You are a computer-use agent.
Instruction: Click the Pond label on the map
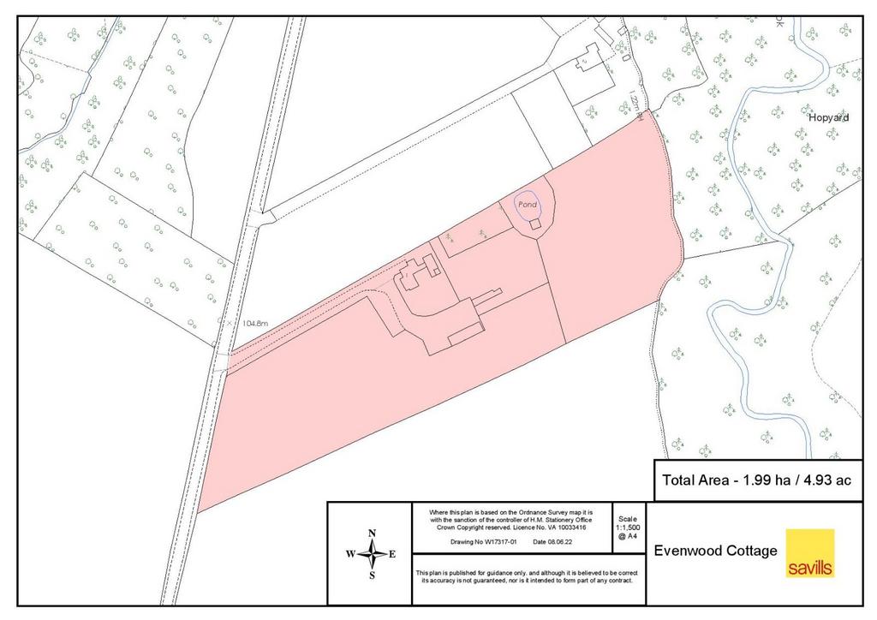[527, 206]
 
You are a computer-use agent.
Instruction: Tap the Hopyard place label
[829, 117]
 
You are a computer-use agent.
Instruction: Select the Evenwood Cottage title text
[715, 551]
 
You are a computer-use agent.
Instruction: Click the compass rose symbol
[372, 555]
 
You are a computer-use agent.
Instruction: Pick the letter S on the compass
[372, 575]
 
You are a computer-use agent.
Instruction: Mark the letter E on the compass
[392, 555]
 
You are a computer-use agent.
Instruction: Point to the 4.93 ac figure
[823, 480]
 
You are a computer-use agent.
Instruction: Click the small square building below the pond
[535, 224]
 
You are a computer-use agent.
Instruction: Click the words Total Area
[695, 480]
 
